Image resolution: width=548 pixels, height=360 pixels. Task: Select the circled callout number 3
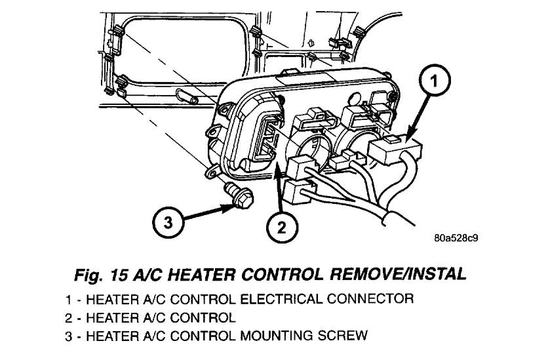[x=168, y=222]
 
